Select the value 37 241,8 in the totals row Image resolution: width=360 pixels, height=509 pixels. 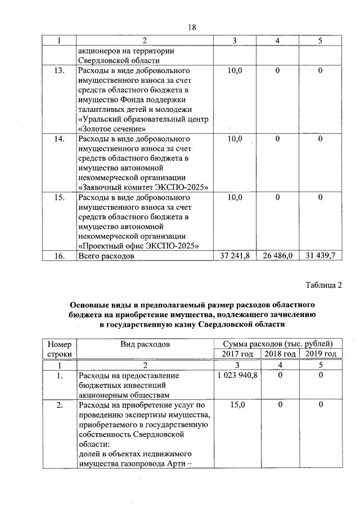click(236, 256)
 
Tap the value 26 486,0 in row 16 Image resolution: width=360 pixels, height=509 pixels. click(278, 256)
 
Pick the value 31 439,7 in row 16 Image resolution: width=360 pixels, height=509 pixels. click(319, 256)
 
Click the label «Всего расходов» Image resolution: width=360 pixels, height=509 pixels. click(106, 256)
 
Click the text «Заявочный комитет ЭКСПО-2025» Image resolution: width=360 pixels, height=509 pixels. click(143, 187)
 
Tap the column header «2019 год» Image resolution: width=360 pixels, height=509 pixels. click(319, 354)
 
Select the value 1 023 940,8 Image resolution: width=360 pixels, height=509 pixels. click(236, 375)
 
